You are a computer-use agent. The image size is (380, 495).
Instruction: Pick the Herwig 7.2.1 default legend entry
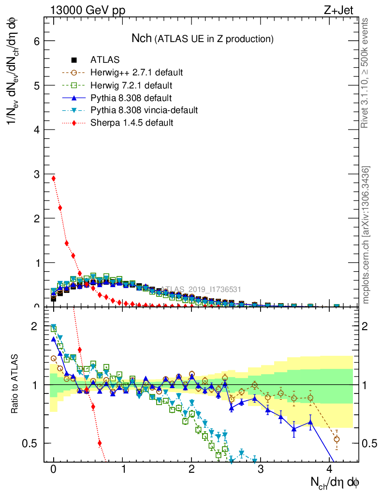coord(131,86)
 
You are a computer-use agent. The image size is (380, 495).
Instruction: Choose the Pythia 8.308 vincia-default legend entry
coord(144,110)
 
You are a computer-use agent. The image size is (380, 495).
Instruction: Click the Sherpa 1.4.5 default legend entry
coord(132,123)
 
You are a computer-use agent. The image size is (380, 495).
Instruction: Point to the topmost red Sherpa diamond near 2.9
coord(54,178)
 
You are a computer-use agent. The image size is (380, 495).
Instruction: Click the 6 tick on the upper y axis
coord(36,41)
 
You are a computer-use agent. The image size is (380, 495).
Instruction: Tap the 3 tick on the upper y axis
coord(36,174)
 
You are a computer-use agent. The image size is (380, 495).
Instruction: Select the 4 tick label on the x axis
coord(330,469)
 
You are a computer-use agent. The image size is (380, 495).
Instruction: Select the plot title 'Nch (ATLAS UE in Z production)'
coord(203,39)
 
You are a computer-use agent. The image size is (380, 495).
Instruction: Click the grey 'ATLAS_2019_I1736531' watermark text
coord(201,290)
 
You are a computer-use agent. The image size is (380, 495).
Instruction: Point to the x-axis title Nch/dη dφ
coord(335,481)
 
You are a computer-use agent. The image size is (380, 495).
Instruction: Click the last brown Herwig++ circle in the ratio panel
coord(336,439)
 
